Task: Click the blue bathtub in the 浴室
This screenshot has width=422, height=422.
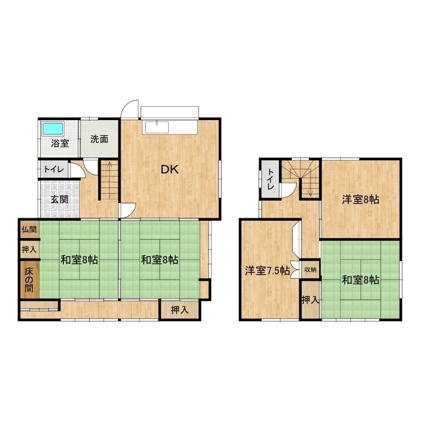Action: (x=53, y=129)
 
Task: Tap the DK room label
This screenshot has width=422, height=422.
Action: (x=170, y=169)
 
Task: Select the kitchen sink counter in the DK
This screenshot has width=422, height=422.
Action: (x=169, y=127)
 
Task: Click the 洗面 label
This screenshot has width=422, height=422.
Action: (x=99, y=139)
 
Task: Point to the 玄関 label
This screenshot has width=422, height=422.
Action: (x=59, y=200)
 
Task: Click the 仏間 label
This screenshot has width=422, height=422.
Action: (x=29, y=229)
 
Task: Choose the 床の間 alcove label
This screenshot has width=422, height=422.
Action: (x=29, y=280)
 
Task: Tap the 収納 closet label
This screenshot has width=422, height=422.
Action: (x=311, y=270)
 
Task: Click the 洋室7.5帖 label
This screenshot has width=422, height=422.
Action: (x=267, y=270)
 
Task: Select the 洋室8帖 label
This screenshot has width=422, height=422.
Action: (x=361, y=200)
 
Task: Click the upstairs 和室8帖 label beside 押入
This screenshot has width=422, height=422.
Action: (x=361, y=280)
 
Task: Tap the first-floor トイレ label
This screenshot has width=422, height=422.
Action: (x=54, y=169)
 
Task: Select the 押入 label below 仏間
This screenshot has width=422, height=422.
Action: (x=29, y=249)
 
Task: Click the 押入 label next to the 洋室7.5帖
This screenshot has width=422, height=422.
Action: (x=311, y=299)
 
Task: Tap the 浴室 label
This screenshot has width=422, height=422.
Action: (x=60, y=143)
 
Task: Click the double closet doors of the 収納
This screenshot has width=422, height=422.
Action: (x=295, y=270)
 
